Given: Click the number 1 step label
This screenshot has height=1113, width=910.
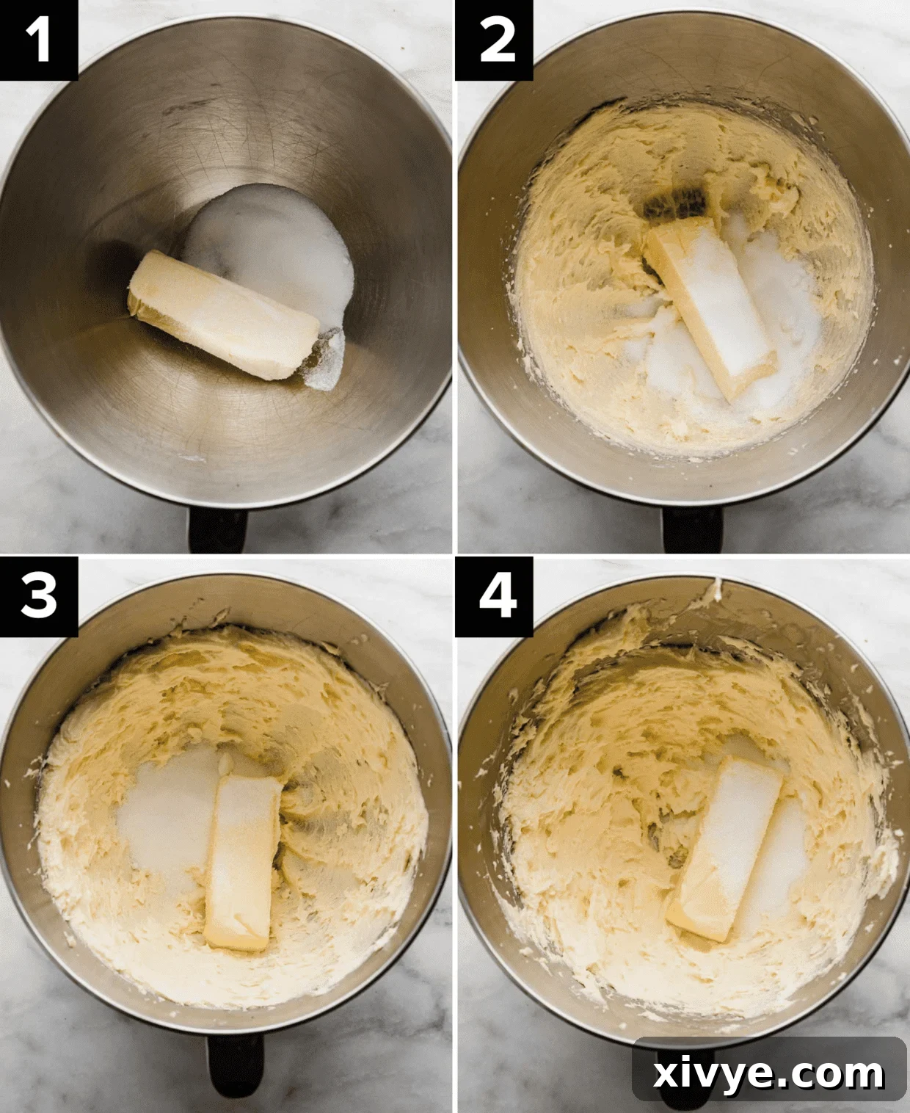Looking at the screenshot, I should coord(38,40).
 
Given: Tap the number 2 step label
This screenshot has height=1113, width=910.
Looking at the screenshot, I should coord(495,40).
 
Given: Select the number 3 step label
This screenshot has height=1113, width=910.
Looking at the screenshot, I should coord(38,596).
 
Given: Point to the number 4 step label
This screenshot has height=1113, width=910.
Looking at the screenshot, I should coord(495,596).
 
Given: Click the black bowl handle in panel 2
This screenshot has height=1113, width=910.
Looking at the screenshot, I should coord(682,529).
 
